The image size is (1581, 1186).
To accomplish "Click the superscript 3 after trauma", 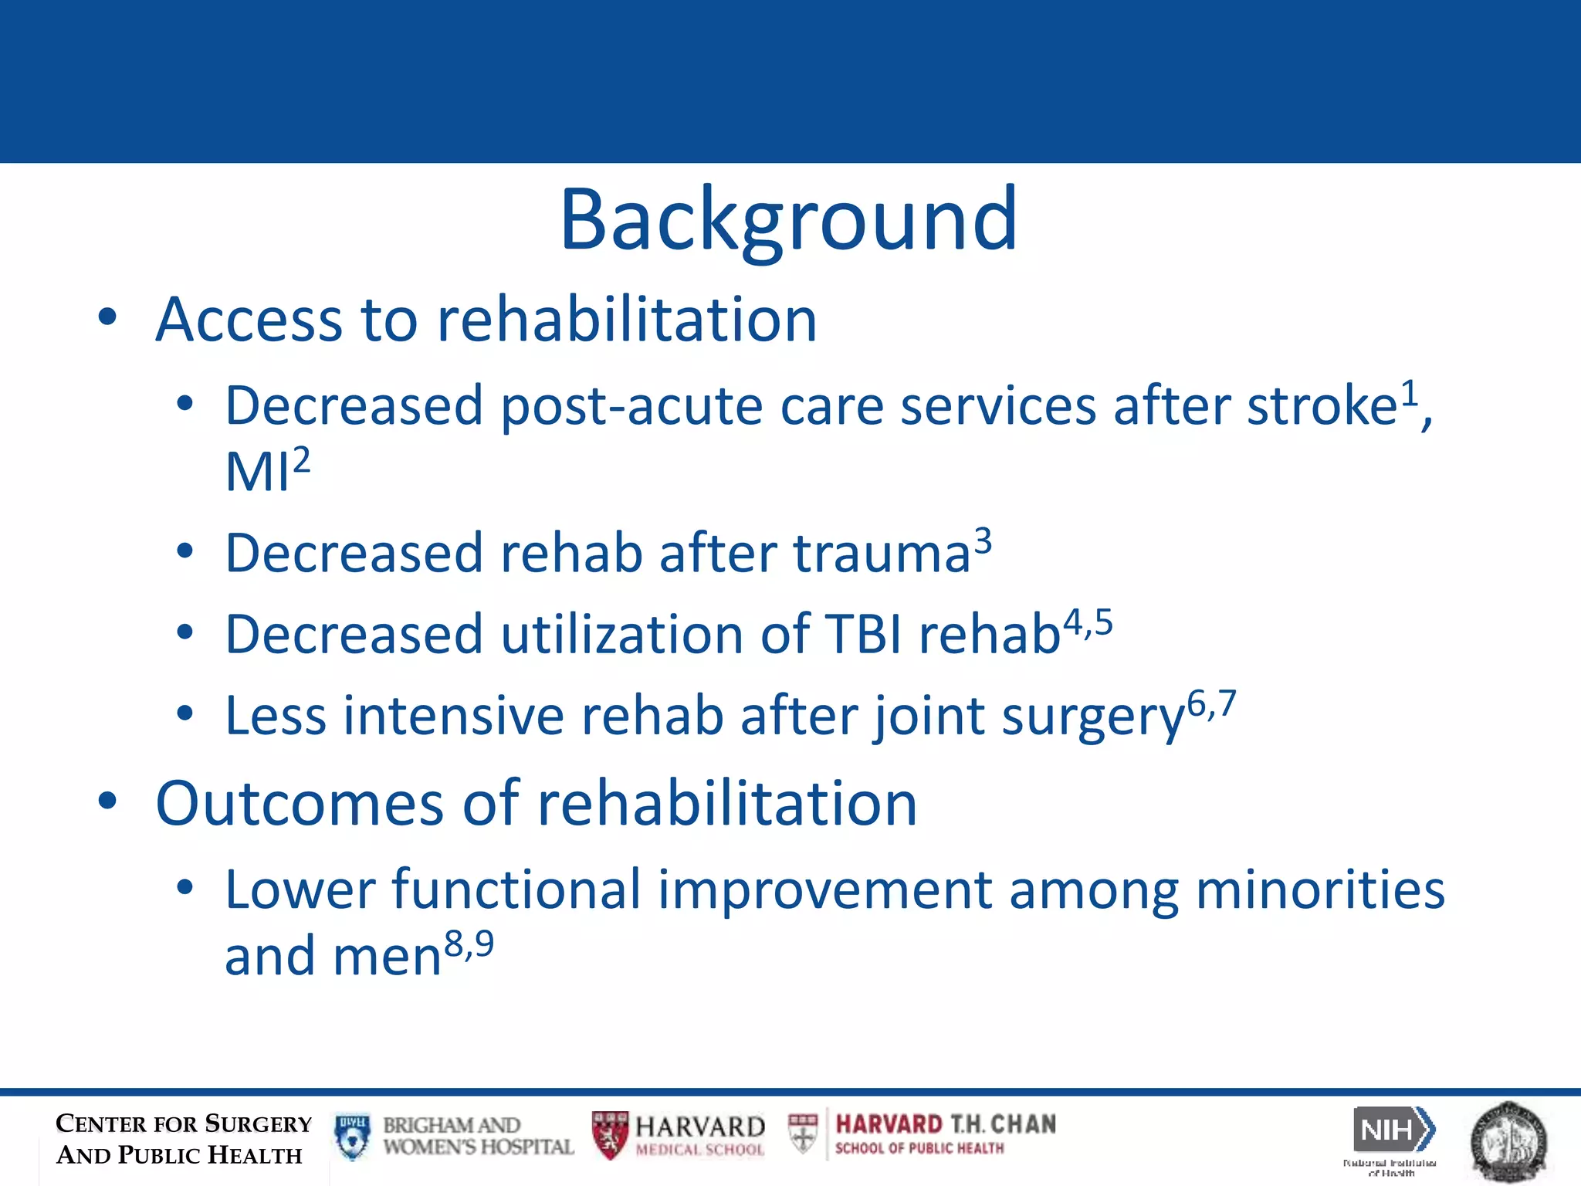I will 983,540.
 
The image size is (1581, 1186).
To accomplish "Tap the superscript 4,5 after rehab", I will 1088,622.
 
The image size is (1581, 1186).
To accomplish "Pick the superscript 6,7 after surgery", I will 1211,703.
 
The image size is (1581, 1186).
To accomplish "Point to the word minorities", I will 1319,889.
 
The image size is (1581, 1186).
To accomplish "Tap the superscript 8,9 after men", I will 469,944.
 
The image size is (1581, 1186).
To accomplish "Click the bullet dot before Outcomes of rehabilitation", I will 107,801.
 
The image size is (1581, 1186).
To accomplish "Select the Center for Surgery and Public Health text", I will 183,1139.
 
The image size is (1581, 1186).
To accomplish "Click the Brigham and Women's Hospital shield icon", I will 353,1137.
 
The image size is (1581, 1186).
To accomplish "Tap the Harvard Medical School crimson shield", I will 610,1135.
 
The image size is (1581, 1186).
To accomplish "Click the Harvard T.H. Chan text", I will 945,1124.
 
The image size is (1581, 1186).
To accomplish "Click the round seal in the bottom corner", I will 1508,1141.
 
